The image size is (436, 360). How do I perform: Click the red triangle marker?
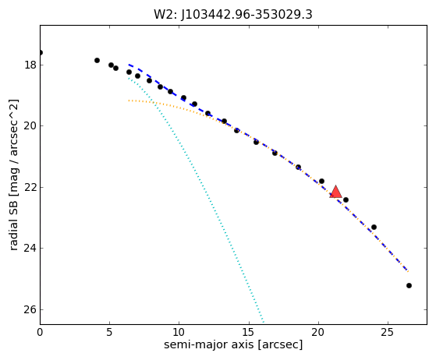(x=335, y=192)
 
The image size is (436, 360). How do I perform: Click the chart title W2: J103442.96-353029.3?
(x=233, y=15)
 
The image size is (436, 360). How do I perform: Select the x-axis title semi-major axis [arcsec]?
(x=233, y=344)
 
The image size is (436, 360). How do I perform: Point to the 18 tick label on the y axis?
(x=30, y=65)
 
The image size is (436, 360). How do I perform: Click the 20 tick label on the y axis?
(x=30, y=125)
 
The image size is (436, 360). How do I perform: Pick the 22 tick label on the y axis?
(x=30, y=187)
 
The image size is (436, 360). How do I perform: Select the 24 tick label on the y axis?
(x=30, y=248)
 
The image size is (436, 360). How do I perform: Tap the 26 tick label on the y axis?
(x=30, y=309)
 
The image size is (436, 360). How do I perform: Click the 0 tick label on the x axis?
(x=40, y=332)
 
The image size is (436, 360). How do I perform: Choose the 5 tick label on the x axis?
(x=109, y=332)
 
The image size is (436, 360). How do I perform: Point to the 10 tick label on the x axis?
(x=179, y=332)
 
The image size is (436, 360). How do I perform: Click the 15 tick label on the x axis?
(x=249, y=332)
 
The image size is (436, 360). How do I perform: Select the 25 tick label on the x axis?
(x=388, y=332)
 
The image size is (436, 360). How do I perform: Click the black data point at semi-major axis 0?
(x=41, y=52)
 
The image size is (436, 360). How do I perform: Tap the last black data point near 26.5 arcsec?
(x=409, y=285)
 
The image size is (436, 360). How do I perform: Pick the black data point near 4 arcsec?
(x=97, y=60)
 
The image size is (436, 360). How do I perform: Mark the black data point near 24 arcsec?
(x=374, y=228)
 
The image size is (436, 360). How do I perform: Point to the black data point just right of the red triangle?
(x=346, y=199)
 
